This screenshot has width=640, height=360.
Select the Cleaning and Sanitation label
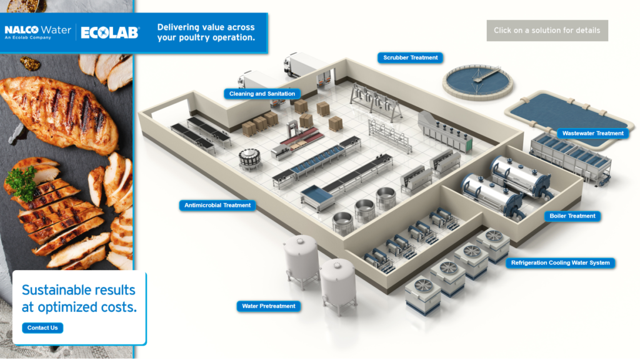point(262,94)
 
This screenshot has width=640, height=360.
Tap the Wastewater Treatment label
point(592,133)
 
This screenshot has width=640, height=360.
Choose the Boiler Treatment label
point(572,216)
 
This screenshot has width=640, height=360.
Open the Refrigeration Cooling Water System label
point(560,263)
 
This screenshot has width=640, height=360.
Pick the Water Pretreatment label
point(269,306)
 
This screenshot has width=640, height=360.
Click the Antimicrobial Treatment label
point(217,205)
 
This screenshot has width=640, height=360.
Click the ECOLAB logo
point(110,32)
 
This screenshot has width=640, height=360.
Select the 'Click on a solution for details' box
point(547,30)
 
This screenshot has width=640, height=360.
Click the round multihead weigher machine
point(250,159)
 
